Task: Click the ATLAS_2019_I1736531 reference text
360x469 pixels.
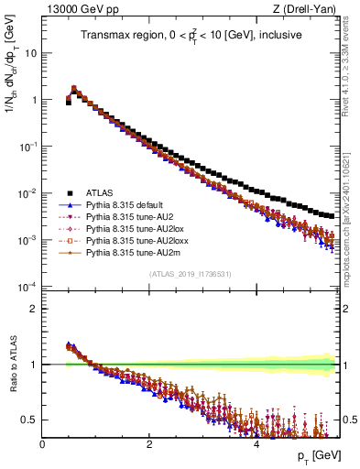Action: coord(191,274)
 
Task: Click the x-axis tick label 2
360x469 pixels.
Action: coord(148,443)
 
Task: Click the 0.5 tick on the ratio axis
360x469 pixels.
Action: coord(30,420)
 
